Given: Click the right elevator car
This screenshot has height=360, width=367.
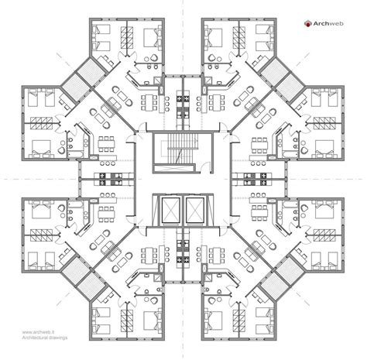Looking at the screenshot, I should [190, 208].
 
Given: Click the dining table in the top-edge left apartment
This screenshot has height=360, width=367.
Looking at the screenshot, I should [149, 101].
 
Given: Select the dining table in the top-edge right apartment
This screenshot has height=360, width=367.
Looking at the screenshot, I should [218, 101].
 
